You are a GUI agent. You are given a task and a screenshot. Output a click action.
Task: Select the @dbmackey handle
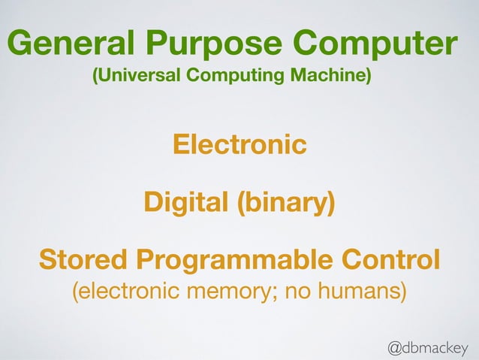click(x=427, y=346)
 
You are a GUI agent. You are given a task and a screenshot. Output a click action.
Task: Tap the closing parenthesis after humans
click(x=402, y=292)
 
